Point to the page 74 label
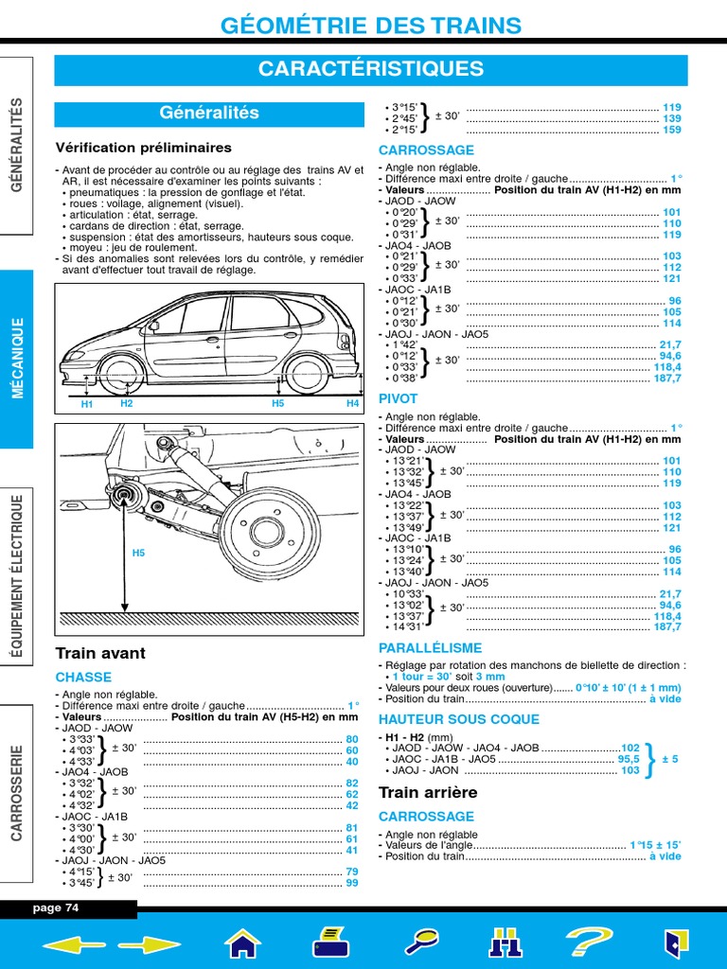pyautogui.click(x=57, y=908)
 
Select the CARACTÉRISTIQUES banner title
pyautogui.click(x=371, y=69)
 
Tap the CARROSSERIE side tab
pyautogui.click(x=17, y=793)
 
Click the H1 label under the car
pyautogui.click(x=87, y=404)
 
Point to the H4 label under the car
pyautogui.click(x=352, y=404)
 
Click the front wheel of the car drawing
pyautogui.click(x=124, y=374)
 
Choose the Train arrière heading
pyautogui.click(x=428, y=792)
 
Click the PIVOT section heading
pyautogui.click(x=398, y=399)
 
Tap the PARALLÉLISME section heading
pyautogui.click(x=430, y=648)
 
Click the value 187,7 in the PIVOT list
pyautogui.click(x=666, y=626)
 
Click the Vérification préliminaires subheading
pyautogui.click(x=143, y=148)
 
